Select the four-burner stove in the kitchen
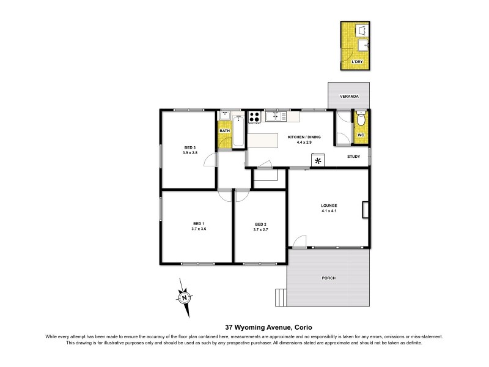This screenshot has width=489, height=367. (x=255, y=116)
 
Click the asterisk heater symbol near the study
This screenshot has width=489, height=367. (x=318, y=161)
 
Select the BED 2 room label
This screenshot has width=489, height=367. (x=261, y=224)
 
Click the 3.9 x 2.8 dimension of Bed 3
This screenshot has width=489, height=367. (x=189, y=152)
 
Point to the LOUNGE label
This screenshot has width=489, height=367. (x=329, y=205)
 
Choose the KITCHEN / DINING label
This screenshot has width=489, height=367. (x=304, y=137)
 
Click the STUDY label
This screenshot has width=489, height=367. (x=353, y=157)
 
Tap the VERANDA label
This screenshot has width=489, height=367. (x=349, y=97)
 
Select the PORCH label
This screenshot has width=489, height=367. (x=328, y=278)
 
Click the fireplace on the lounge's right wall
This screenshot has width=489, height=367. (x=365, y=210)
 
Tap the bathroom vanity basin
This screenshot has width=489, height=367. (x=224, y=116)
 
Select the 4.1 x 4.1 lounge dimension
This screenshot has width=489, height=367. (x=329, y=211)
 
